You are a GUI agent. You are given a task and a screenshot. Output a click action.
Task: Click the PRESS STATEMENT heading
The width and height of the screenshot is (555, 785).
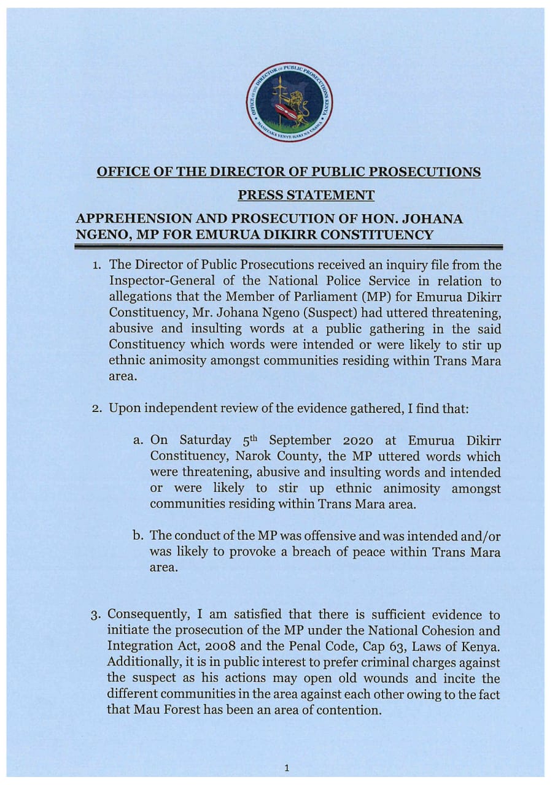[x=306, y=196]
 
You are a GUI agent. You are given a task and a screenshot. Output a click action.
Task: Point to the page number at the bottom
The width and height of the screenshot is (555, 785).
[x=287, y=767]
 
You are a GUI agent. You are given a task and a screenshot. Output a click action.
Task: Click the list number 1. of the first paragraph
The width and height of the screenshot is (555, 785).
[x=98, y=266]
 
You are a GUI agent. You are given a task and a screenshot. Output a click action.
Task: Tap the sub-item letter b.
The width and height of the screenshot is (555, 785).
[x=139, y=536]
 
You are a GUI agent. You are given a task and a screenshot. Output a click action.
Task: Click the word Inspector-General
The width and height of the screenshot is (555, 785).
[x=158, y=281]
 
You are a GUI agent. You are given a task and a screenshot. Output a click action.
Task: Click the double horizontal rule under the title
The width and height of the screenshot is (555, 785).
[x=288, y=247]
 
